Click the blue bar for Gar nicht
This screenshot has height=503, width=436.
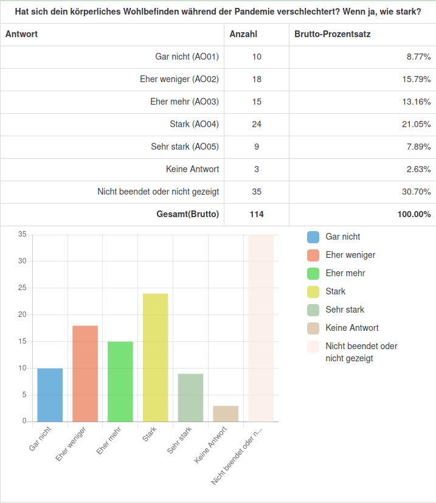(x=50, y=395)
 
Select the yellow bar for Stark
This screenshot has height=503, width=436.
(x=156, y=358)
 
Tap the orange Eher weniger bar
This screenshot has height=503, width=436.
(x=85, y=373)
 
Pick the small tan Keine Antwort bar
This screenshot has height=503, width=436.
(x=226, y=414)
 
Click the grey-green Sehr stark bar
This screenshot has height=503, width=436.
(x=190, y=398)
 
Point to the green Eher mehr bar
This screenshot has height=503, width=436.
(x=120, y=381)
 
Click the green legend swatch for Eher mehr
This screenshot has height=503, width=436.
(x=314, y=274)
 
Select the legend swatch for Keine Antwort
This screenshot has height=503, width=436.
(x=314, y=328)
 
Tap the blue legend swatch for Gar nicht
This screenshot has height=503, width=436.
(x=314, y=237)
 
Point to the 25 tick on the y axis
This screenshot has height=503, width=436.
(x=22, y=288)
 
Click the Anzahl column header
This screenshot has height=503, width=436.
(x=243, y=34)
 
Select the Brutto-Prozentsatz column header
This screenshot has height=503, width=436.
(x=332, y=34)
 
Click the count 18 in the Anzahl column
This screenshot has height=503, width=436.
(x=257, y=79)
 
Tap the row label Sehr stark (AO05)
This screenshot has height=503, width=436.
(x=185, y=147)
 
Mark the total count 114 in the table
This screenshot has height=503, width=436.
(x=257, y=214)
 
